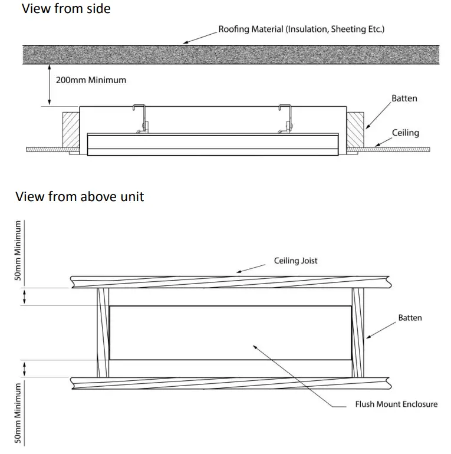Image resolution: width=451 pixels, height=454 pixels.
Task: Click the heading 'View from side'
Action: [x=65, y=9]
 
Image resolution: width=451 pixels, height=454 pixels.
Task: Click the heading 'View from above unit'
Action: [x=79, y=196]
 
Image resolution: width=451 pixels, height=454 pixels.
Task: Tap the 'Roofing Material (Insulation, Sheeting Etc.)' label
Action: [x=301, y=28]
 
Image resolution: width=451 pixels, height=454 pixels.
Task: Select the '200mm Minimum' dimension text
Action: [x=91, y=80]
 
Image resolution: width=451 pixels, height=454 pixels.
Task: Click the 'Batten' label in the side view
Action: [x=404, y=98]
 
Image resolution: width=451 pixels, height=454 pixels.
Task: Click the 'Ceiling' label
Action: [x=406, y=133]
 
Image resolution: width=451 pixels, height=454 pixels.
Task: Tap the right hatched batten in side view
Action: [x=357, y=130]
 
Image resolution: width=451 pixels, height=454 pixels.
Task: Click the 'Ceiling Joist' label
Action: [x=295, y=260]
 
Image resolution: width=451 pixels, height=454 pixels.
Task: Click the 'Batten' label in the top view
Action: [x=410, y=318]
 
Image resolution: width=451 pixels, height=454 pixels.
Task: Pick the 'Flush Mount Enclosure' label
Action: [x=396, y=404]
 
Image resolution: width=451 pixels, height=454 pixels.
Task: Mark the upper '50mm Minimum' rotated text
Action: [x=18, y=249]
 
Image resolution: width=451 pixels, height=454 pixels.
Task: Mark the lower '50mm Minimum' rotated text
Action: [x=18, y=413]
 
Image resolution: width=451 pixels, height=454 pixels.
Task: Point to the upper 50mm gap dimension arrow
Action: [x=24, y=297]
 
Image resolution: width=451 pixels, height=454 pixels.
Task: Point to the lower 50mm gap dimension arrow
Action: [x=24, y=369]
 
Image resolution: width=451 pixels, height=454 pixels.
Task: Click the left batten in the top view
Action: [x=103, y=333]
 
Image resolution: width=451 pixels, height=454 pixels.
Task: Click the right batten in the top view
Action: [x=358, y=333]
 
